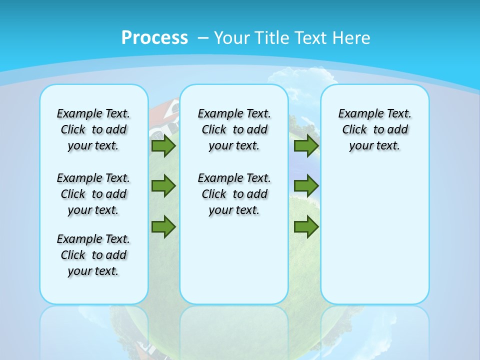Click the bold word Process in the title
[154, 38]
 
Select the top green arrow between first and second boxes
[163, 146]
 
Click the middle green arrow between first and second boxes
[163, 186]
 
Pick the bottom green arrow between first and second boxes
[163, 226]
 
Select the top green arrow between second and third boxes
[306, 146]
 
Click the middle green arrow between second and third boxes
[306, 186]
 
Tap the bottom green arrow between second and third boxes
[306, 226]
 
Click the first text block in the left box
[93, 129]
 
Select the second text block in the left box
[93, 194]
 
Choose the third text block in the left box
[93, 255]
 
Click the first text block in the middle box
[234, 129]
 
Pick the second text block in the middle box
[234, 194]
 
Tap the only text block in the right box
[375, 129]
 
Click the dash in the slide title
[203, 38]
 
